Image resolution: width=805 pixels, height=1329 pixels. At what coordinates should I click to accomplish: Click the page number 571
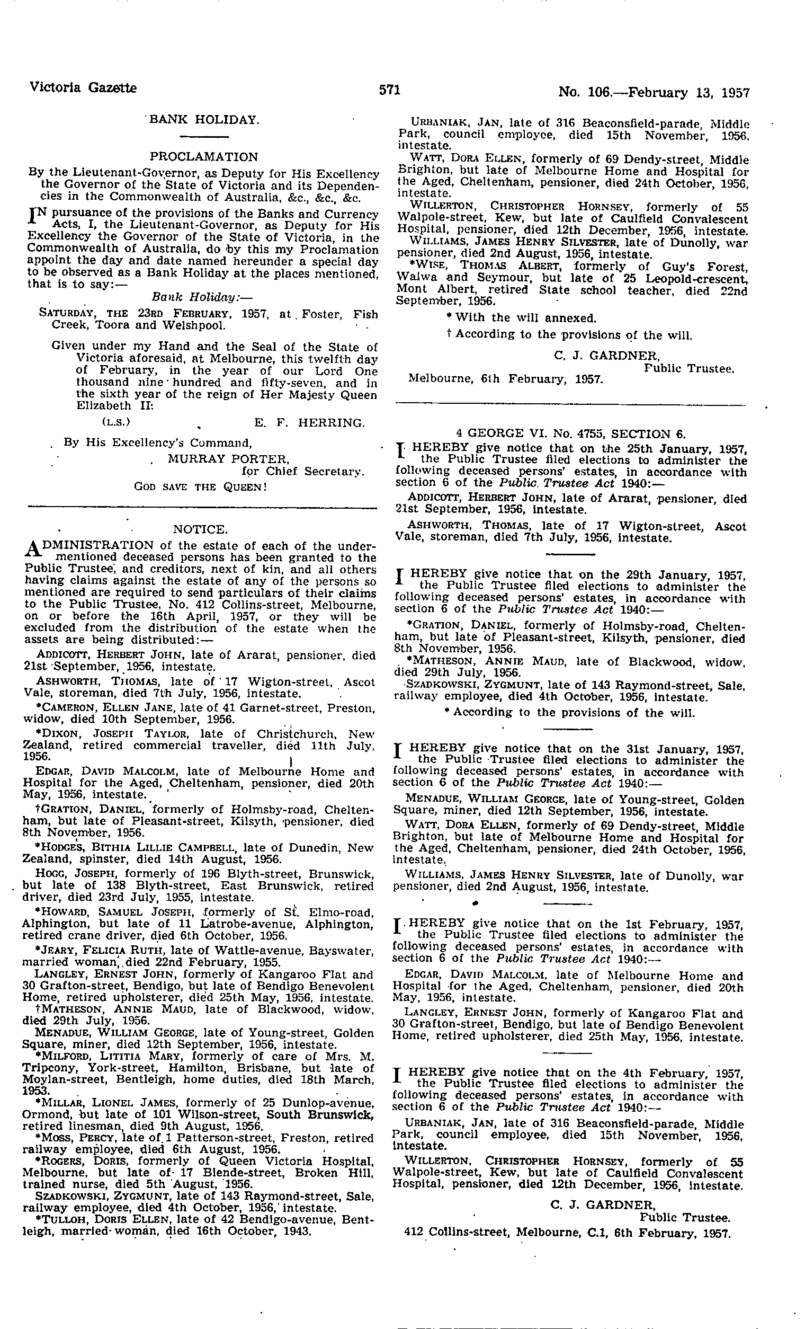389,90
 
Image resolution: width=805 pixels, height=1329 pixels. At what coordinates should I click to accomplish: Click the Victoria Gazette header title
83,87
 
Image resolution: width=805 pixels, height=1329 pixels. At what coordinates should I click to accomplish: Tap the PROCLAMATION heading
204,157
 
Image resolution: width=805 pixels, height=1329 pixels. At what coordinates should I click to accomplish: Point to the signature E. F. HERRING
309,422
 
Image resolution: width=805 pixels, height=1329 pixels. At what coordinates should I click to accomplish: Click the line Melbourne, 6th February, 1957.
505,379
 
